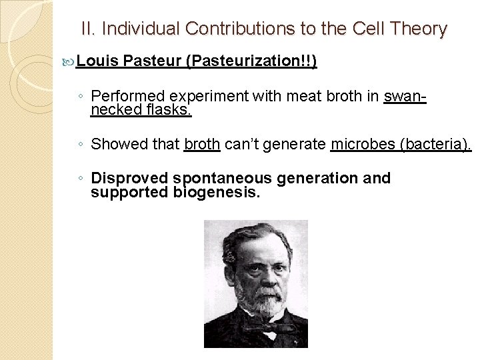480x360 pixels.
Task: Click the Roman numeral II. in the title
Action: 88,29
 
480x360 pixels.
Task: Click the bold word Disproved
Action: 129,179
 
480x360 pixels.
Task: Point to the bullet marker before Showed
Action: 80,144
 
